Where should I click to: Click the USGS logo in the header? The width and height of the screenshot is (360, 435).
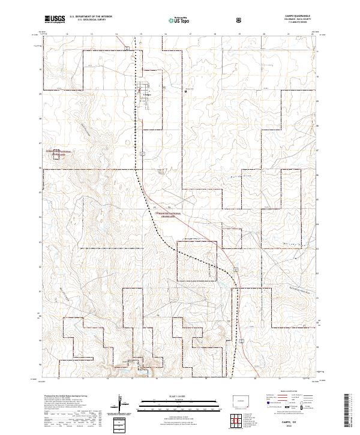[x=55, y=19]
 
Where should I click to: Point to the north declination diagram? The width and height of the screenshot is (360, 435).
[x=122, y=403]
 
